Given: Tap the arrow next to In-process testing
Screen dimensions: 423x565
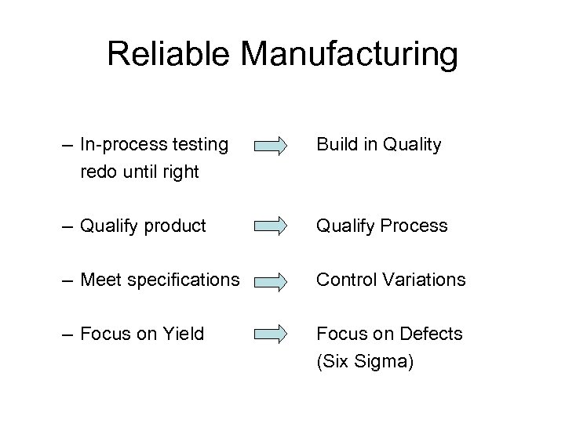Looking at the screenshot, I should (272, 145).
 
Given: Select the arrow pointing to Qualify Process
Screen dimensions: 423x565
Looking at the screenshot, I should (272, 226).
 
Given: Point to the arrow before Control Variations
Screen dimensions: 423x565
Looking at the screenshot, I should (272, 280).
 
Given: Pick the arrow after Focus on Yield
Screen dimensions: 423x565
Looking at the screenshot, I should (272, 334).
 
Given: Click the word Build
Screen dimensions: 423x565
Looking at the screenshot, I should (335, 144).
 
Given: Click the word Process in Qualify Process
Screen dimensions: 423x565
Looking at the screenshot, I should (414, 226).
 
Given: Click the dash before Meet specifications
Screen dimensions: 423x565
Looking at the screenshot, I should (67, 280).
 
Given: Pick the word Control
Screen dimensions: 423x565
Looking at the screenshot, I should (344, 280).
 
